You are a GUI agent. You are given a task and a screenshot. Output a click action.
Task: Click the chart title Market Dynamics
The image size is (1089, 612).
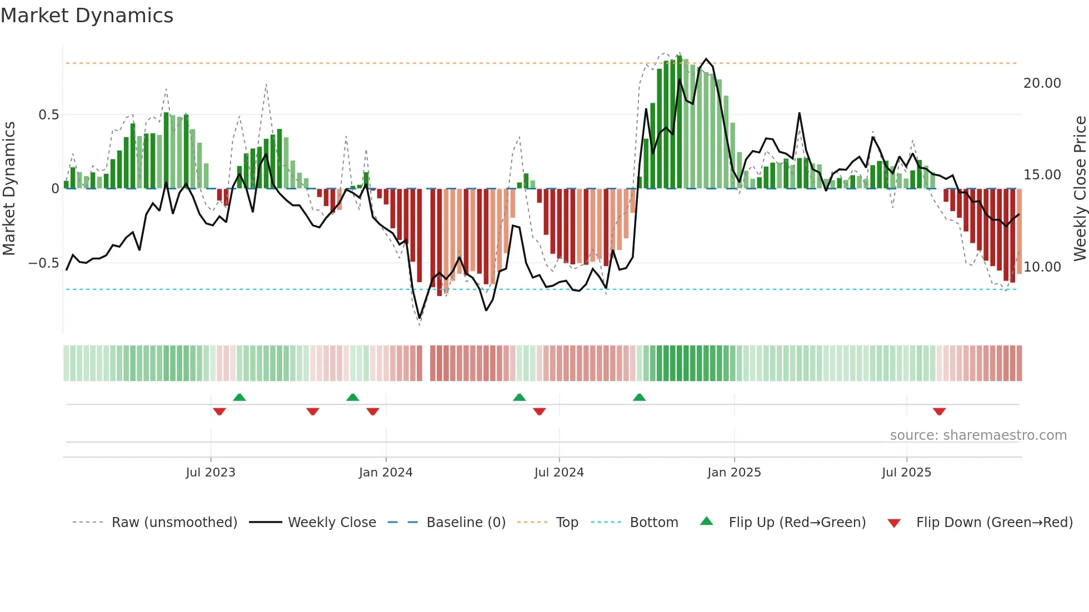(87, 16)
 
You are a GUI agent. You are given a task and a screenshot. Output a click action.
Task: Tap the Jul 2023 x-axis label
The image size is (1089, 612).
(211, 473)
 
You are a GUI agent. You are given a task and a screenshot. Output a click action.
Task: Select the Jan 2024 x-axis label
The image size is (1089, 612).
(386, 473)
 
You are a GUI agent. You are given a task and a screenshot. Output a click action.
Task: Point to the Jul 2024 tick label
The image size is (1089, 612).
(559, 473)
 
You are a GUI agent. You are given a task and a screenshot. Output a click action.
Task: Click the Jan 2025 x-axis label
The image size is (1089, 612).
(734, 473)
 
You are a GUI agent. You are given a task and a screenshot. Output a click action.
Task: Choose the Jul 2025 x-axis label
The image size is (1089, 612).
(906, 473)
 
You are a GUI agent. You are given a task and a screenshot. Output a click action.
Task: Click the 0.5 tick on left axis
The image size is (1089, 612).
(48, 115)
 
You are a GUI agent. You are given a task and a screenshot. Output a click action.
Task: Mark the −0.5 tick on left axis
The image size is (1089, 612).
(44, 263)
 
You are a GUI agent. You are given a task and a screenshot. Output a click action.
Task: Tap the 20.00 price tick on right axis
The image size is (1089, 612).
(1042, 83)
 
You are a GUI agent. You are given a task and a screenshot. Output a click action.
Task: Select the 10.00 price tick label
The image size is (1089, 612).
(1042, 267)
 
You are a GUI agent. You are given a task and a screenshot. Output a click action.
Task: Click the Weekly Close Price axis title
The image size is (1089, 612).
(1080, 189)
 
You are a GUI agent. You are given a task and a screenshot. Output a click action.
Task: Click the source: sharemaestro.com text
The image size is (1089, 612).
(978, 435)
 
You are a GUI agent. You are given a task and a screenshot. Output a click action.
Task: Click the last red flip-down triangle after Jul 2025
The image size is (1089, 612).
(939, 412)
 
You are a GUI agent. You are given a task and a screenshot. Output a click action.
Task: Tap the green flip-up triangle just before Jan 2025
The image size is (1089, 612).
(639, 397)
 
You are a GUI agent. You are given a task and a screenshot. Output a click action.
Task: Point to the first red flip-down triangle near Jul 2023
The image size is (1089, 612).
(219, 412)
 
